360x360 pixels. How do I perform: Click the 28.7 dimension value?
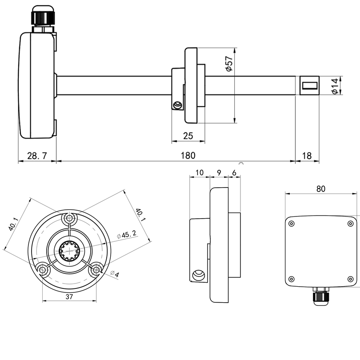(x=37, y=156)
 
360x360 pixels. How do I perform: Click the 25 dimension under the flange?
(x=188, y=136)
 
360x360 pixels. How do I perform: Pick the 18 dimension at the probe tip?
(x=307, y=156)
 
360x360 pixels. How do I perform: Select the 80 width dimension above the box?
(x=320, y=188)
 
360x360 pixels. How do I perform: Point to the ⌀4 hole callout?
(x=114, y=274)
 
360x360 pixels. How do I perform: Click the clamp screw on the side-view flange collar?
(x=178, y=105)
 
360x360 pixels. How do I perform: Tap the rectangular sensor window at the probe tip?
(x=309, y=84)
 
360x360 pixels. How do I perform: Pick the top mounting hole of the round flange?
(x=69, y=219)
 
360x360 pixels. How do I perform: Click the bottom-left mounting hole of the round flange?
(x=43, y=269)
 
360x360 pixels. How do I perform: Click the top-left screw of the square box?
(x=292, y=224)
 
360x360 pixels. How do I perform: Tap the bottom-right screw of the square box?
(x=350, y=279)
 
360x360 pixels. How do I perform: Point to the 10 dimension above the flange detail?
(x=199, y=172)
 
